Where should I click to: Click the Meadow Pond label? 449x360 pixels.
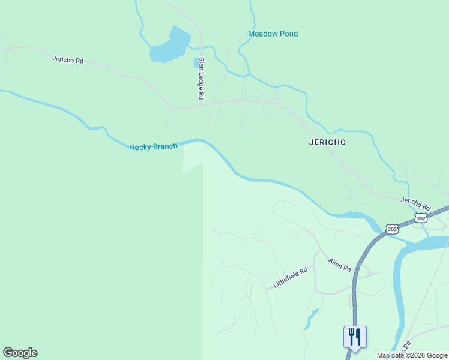(273, 34)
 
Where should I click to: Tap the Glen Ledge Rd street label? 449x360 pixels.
(202, 79)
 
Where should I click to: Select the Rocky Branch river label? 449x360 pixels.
(154, 146)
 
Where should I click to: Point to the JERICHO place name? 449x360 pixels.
(328, 142)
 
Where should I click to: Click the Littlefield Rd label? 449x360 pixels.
(291, 277)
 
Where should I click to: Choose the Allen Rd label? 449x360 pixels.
(339, 265)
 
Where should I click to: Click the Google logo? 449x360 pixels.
(20, 353)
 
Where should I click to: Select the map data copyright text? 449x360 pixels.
(412, 355)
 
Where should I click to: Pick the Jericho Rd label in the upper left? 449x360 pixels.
(67, 59)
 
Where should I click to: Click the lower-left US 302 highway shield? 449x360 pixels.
(392, 229)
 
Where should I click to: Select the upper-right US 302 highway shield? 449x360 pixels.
(421, 218)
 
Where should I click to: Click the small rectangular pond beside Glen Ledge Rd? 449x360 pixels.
(196, 62)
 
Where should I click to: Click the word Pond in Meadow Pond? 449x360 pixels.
(288, 34)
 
